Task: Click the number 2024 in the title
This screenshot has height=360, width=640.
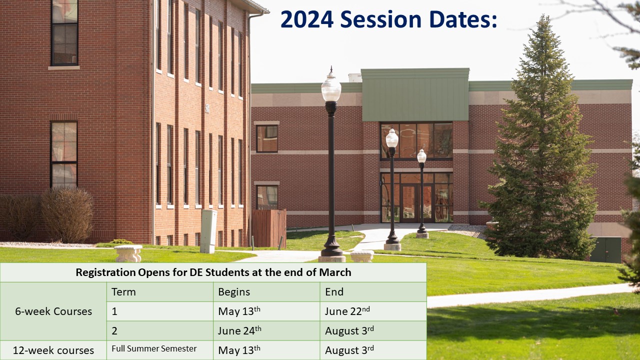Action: coord(307,19)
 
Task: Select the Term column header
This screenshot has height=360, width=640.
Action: coord(123,291)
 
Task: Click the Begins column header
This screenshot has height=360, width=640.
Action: coord(234,292)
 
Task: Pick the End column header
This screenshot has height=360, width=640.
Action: coord(334,291)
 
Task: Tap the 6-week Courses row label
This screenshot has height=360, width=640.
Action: coord(53,311)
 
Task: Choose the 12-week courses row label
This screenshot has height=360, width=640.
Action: coord(53,350)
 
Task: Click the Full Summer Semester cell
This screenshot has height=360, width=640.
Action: coord(154,348)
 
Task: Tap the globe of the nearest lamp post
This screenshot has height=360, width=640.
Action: coord(331,88)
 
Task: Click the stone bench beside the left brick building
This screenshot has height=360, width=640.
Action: coord(128,253)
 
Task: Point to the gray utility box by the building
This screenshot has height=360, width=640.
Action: coord(208,231)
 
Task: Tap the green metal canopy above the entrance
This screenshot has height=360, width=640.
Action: coord(415,95)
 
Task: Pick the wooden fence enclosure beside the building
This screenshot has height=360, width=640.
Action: coord(269,228)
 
